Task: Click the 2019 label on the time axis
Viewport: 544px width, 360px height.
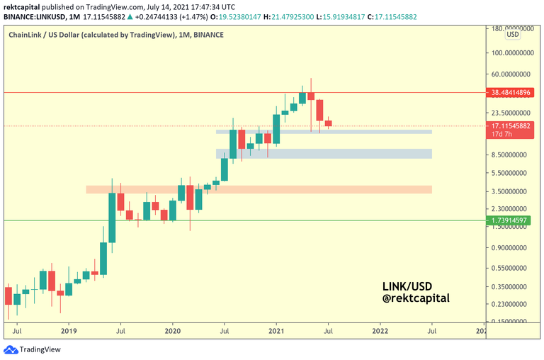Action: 69,330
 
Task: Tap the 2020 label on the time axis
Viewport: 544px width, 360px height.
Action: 173,330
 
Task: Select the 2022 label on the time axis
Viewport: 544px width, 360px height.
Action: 380,330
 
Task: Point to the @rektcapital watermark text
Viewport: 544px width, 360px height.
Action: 415,298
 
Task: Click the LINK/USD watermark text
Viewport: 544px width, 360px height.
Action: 407,286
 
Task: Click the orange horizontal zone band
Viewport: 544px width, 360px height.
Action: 259,190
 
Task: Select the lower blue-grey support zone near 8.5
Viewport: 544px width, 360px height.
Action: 324,154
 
